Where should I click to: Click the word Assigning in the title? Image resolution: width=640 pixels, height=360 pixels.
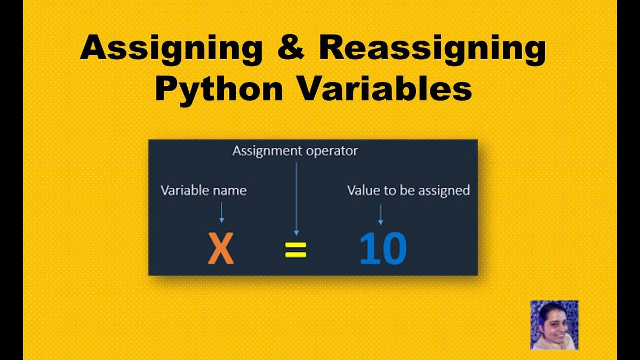tap(171, 50)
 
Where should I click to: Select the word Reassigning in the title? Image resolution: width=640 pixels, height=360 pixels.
tap(432, 50)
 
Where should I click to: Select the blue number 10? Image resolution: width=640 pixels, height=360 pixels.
tap(382, 249)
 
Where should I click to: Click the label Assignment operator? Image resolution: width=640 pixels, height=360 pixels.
tap(295, 151)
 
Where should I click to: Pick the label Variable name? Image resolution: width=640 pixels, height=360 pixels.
tap(204, 190)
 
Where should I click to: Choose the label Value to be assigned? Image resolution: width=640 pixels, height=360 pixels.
tap(409, 190)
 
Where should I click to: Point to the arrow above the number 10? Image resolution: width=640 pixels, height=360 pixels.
tap(380, 215)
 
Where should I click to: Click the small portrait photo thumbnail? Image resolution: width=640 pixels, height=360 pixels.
tap(554, 325)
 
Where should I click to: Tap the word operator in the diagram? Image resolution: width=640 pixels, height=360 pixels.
tap(332, 151)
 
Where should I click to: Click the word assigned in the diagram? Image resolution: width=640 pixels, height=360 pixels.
tap(446, 190)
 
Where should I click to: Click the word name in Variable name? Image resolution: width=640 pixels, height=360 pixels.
tap(231, 190)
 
